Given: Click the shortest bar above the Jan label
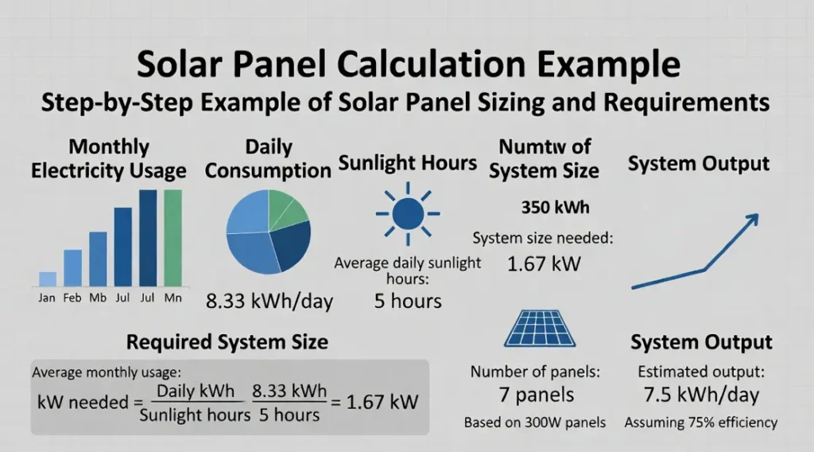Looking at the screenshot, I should click(x=48, y=279).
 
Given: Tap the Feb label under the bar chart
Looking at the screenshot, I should click(x=72, y=298).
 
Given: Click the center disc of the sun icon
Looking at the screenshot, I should click(x=408, y=213).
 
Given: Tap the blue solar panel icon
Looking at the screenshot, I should click(x=541, y=329).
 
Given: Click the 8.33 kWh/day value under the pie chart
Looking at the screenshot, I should click(x=269, y=301).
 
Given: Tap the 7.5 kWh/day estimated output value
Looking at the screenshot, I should click(x=700, y=395).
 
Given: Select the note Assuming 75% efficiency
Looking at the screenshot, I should click(x=700, y=423).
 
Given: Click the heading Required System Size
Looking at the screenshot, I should click(x=227, y=342).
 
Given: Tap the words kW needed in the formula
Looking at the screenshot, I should click(x=83, y=402).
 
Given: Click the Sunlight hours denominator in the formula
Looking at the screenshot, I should click(x=193, y=415).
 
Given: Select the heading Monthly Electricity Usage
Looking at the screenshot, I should click(x=109, y=159).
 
